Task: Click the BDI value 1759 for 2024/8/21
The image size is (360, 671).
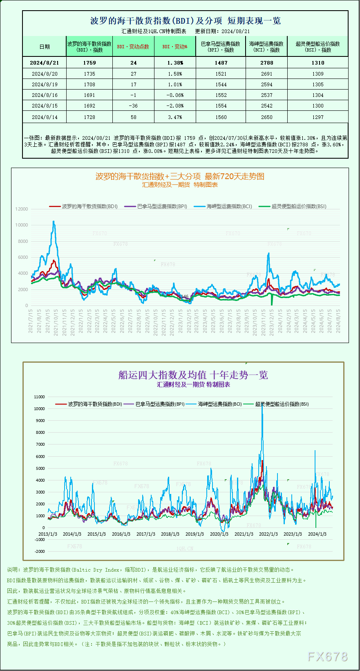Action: pyautogui.click(x=89, y=63)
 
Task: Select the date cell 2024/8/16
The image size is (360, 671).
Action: pyautogui.click(x=45, y=95)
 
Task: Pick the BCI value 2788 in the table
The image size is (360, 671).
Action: pyautogui.click(x=266, y=63)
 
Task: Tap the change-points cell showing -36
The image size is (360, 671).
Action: pyautogui.click(x=133, y=105)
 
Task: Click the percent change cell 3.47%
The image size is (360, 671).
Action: pyautogui.click(x=175, y=117)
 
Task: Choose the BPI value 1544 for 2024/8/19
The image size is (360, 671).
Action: pyautogui.click(x=221, y=84)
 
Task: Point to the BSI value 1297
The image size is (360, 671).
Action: pyautogui.click(x=318, y=117)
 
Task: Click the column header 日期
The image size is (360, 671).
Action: pyautogui.click(x=45, y=47)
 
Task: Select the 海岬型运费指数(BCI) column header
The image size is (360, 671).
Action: pyautogui.click(x=266, y=47)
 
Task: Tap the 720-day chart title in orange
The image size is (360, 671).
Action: pyautogui.click(x=180, y=176)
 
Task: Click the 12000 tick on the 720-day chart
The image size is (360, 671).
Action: pyautogui.click(x=22, y=209)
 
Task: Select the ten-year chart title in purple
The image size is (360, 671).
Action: pyautogui.click(x=193, y=375)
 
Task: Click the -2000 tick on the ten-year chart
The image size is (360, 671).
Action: pyautogui.click(x=40, y=551)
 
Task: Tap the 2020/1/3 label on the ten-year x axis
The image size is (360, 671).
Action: pyautogui.click(x=219, y=534)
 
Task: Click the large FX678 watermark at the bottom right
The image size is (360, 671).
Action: pyautogui.click(x=327, y=657)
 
